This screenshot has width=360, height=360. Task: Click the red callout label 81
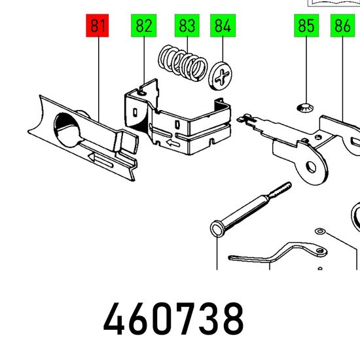[98, 26]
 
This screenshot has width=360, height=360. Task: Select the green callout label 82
[144, 26]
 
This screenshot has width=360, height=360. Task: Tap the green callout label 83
[187, 26]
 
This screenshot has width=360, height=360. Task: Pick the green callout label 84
[223, 26]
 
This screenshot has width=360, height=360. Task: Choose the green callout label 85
[306, 26]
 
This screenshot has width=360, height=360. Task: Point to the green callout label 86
[342, 26]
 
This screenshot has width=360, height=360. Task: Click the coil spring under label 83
[183, 63]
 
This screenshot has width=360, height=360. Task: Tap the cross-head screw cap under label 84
[220, 76]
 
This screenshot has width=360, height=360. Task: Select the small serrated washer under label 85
[306, 108]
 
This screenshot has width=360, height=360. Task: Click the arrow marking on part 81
[101, 160]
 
